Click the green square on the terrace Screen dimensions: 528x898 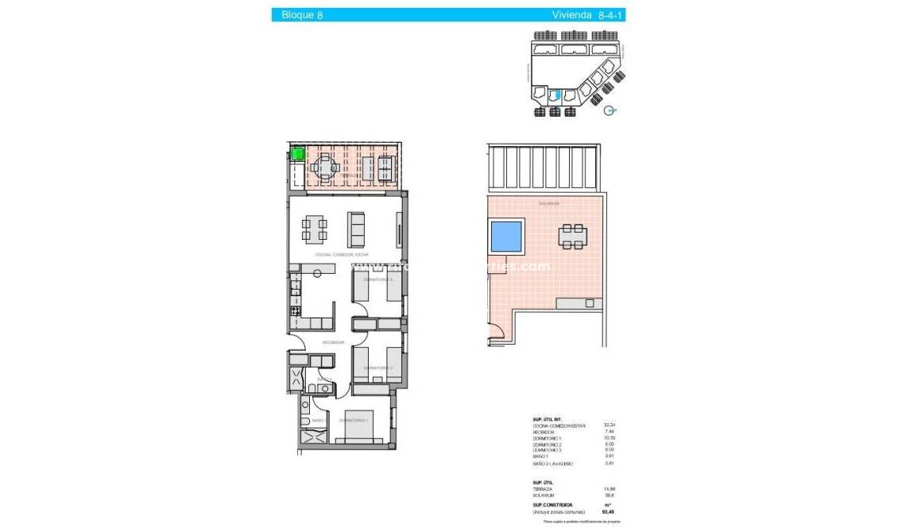297,154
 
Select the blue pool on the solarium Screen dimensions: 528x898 505,235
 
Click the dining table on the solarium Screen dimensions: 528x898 572,236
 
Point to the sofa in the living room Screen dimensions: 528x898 357,229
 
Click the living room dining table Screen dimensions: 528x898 314,229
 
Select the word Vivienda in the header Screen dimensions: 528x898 571,15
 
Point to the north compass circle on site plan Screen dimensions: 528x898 609,111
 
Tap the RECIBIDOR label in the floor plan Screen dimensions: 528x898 333,342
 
